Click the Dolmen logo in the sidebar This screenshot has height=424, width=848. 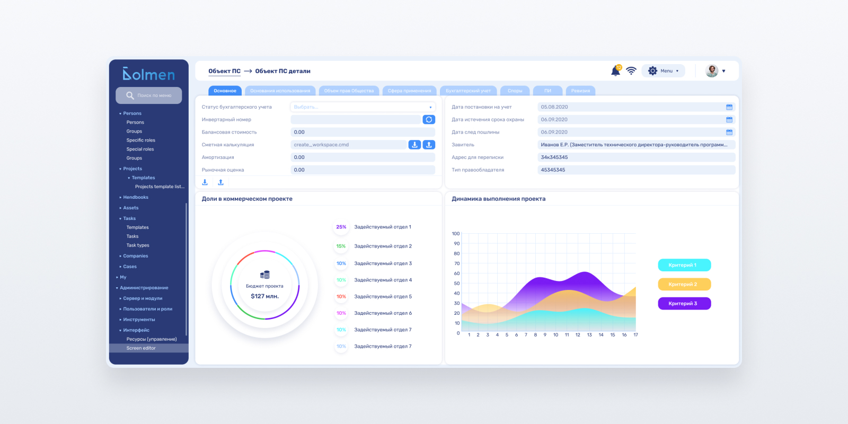pyautogui.click(x=148, y=74)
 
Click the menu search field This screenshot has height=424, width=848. pyautogui.click(x=149, y=95)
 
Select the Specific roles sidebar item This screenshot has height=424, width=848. pyautogui.click(x=140, y=140)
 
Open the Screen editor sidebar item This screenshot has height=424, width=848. pyautogui.click(x=141, y=348)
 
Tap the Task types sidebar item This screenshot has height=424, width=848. pyautogui.click(x=138, y=245)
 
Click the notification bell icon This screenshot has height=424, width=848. pyautogui.click(x=616, y=71)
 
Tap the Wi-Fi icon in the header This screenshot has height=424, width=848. pyautogui.click(x=631, y=71)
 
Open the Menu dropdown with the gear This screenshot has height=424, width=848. pyautogui.click(x=663, y=71)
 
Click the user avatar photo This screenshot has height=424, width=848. pyautogui.click(x=712, y=71)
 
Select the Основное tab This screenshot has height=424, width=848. pyautogui.click(x=225, y=91)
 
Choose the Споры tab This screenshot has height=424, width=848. pyautogui.click(x=515, y=91)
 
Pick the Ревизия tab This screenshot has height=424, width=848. pyautogui.click(x=580, y=91)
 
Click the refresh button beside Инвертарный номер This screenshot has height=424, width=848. pyautogui.click(x=429, y=120)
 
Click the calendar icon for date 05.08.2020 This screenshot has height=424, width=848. pyautogui.click(x=729, y=107)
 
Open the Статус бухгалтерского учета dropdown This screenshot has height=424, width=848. pyautogui.click(x=363, y=107)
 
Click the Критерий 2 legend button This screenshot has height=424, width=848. pyautogui.click(x=684, y=284)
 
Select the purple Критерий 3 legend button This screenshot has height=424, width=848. pyautogui.click(x=684, y=304)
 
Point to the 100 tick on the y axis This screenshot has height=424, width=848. pyautogui.click(x=456, y=234)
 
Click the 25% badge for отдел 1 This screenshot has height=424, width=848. pyautogui.click(x=341, y=227)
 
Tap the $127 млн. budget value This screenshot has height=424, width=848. pyautogui.click(x=264, y=296)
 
